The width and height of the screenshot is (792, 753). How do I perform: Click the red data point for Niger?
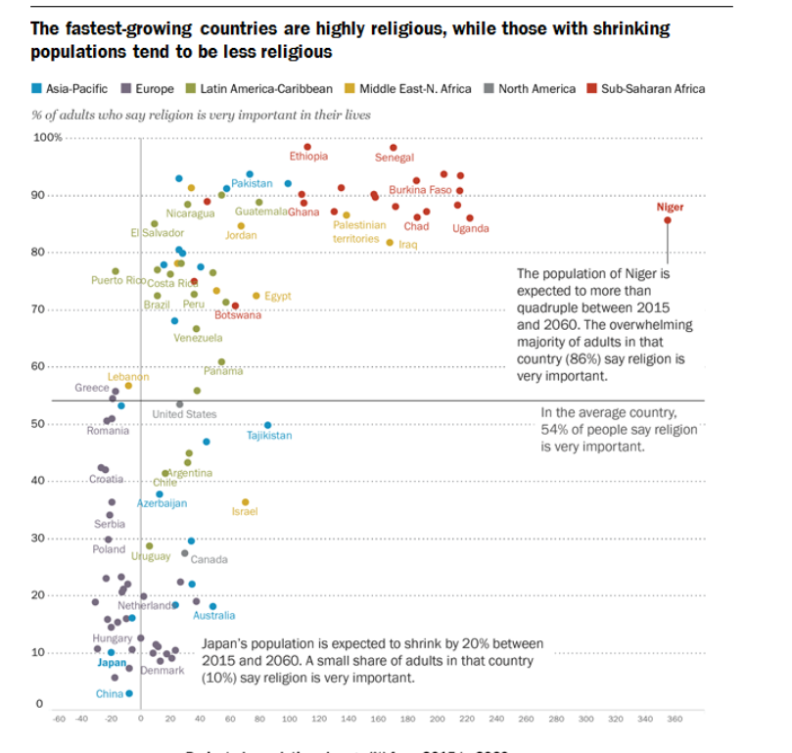pos(668,220)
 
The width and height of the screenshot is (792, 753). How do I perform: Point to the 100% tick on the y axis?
pos(48,137)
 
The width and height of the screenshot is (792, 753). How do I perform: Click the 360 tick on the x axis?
pos(675,719)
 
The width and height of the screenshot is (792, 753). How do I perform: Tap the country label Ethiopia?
pos(308,157)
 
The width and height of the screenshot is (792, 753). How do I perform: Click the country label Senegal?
pos(395,158)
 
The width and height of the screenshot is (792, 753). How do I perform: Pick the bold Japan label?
pos(113,663)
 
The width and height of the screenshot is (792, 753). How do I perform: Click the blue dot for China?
pos(129,693)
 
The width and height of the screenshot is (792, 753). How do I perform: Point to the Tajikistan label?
pos(269,436)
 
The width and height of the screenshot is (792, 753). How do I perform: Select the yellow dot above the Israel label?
pos(245,501)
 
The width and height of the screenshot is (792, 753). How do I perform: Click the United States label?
pos(184,414)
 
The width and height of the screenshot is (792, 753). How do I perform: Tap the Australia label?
pos(213,616)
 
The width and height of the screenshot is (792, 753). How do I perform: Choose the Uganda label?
pos(471,229)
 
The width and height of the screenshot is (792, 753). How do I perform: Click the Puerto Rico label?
pos(118,281)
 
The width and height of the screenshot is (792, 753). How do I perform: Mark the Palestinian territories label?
pos(359,231)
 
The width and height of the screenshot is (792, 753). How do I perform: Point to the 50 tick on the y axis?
pos(42,424)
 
